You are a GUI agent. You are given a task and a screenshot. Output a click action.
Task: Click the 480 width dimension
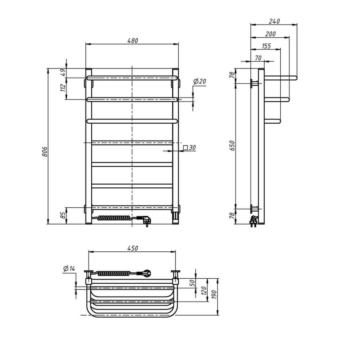click(x=132, y=40)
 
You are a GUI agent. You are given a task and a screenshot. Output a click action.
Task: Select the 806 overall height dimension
click(x=45, y=152)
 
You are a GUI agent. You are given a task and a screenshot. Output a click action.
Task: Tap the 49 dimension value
click(x=63, y=73)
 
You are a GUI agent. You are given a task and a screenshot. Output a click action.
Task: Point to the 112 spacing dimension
click(x=63, y=88)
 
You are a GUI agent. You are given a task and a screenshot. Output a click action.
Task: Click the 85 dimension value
click(x=63, y=216)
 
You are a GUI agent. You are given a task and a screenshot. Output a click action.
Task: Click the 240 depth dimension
click(x=274, y=21)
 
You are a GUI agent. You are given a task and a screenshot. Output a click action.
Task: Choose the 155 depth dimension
click(x=266, y=46)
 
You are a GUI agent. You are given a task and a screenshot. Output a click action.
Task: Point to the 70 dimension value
click(x=258, y=58)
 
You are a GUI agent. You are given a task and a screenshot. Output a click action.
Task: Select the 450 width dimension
click(x=132, y=248)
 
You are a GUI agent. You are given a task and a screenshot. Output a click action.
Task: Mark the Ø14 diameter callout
click(x=69, y=269)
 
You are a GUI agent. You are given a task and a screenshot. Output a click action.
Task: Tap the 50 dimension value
click(x=192, y=282)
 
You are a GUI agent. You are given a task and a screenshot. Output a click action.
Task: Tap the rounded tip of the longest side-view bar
click(x=295, y=77)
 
